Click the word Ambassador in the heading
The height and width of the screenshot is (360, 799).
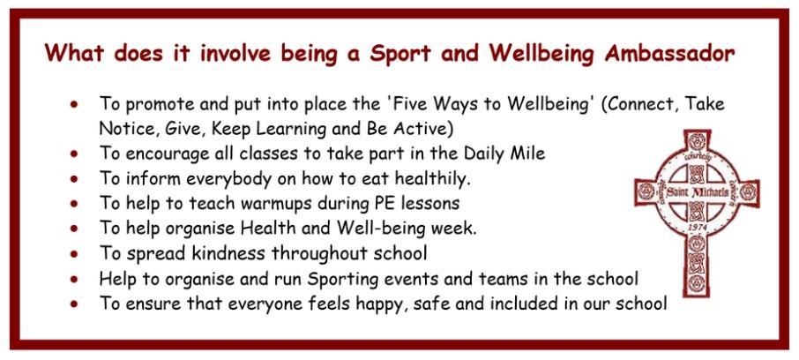[x=669, y=53]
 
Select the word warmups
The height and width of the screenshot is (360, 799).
[x=251, y=204]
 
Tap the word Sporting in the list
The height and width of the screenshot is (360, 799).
[x=343, y=279]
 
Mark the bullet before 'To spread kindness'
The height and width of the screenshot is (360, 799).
[x=75, y=253]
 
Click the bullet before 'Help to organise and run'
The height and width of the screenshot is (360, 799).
[x=75, y=279]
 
